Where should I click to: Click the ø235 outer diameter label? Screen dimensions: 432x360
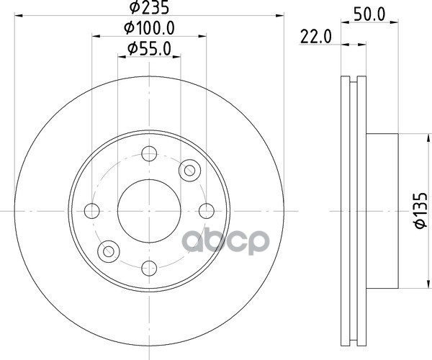149,7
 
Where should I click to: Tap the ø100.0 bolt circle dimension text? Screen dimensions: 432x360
149,28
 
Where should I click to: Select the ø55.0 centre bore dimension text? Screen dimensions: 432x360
149,48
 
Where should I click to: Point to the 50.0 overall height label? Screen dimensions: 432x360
369,14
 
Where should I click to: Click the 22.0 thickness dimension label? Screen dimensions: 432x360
316,37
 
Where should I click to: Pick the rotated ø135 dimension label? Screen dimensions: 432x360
421,211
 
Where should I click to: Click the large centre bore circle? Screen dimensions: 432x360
149,211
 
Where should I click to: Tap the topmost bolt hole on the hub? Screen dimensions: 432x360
149,153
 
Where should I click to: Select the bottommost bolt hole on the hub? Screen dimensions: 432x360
149,269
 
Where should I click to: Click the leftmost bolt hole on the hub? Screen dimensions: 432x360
91,211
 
